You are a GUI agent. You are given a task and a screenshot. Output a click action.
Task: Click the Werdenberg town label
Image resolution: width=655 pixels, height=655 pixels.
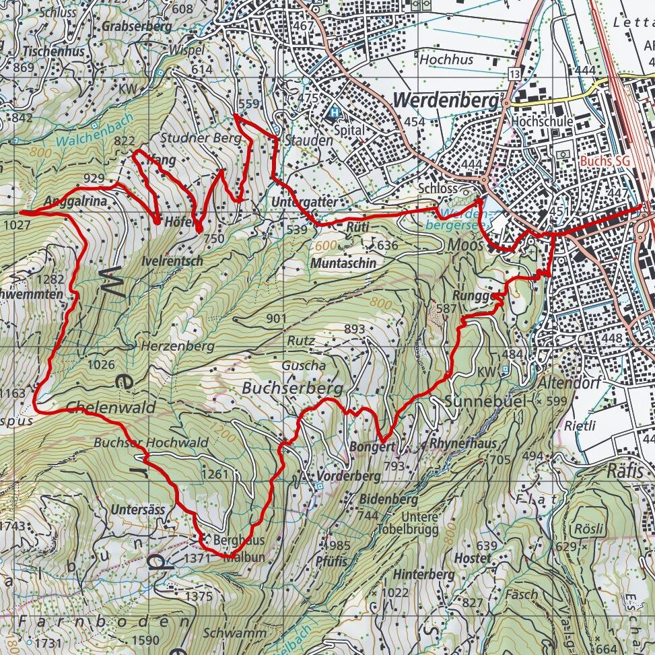click(x=446, y=100)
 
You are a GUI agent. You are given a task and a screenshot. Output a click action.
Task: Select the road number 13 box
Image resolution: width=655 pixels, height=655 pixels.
click(x=515, y=73)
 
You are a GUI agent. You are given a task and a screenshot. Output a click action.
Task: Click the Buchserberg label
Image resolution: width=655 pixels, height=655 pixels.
click(x=292, y=388)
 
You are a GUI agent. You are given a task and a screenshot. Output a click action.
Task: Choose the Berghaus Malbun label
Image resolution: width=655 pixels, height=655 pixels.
click(x=237, y=548)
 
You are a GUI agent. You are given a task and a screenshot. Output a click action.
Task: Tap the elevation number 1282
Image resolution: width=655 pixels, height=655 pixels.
click(x=53, y=279)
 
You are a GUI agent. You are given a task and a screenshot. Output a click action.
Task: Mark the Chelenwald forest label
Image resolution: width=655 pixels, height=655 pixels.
click(x=110, y=407)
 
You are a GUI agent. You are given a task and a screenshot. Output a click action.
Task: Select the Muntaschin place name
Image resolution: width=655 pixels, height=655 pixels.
click(x=343, y=263)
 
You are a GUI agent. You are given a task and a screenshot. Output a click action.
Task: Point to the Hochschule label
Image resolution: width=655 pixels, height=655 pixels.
click(x=542, y=122)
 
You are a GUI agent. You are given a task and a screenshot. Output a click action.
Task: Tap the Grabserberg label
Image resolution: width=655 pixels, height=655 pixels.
click(x=137, y=26)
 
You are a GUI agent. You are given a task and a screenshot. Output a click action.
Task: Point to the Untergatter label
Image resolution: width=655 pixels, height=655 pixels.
click(x=305, y=202)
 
